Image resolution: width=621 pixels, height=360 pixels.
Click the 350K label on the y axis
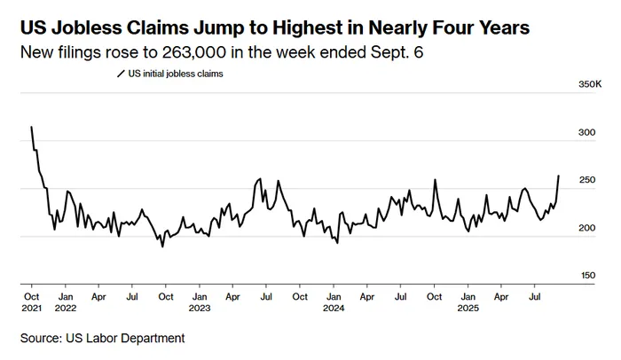591,84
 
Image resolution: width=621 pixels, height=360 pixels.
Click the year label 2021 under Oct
32,309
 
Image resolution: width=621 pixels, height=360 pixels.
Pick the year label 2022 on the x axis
66,309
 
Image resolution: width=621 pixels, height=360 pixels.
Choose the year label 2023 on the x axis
200,309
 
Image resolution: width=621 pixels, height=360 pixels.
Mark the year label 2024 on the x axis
334,309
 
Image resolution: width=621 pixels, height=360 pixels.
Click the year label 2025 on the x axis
468,309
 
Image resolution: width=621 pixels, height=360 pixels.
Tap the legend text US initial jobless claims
176,74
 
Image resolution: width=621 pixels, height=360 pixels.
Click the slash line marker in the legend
122,74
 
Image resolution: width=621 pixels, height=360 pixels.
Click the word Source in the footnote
44,338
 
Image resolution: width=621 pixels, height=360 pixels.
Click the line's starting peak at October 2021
32,127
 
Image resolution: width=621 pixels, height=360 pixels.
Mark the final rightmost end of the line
559,176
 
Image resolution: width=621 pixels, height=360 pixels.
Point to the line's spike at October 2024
436,180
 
